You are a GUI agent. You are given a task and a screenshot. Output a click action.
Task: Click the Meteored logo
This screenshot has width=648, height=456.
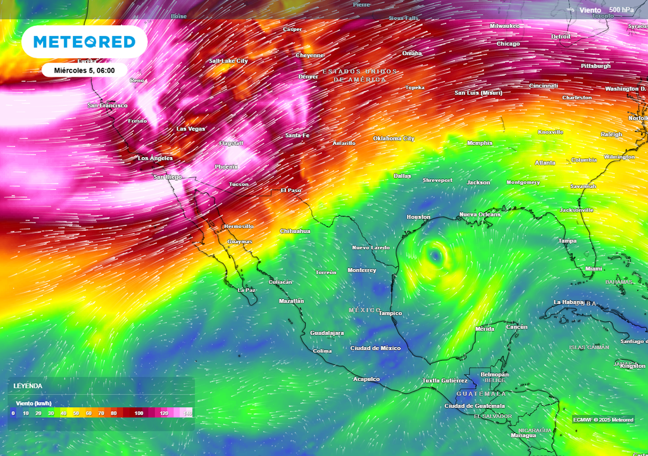click(84, 42)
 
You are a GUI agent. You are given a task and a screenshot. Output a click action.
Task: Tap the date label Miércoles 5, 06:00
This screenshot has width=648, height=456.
click(84, 70)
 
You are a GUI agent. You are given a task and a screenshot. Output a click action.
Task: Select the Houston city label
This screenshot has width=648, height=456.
click(418, 217)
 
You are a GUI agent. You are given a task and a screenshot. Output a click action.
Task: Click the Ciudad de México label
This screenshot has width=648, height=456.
click(375, 348)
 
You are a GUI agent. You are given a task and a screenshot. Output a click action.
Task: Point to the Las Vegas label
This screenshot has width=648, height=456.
click(190, 129)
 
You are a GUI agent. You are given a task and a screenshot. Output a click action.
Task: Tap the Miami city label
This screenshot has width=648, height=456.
click(594, 269)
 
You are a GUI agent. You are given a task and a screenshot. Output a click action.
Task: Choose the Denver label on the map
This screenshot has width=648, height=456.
click(308, 77)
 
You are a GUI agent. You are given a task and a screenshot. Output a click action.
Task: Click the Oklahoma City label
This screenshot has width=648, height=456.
click(393, 138)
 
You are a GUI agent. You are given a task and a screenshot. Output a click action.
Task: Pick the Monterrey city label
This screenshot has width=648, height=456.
click(361, 270)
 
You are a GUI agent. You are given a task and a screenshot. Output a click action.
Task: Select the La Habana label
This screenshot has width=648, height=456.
click(567, 302)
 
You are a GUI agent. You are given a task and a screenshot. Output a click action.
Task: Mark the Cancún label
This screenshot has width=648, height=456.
click(516, 327)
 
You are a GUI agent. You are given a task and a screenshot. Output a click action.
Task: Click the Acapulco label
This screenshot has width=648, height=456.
click(366, 379)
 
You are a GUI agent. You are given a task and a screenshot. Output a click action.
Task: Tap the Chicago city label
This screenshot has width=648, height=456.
click(508, 44)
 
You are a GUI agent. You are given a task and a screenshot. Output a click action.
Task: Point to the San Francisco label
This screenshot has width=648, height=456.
click(108, 105)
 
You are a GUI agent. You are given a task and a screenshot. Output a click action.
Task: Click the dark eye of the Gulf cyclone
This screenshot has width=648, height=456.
click(435, 256)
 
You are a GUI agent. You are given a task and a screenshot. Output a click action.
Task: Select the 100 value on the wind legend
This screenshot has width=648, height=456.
click(139, 413)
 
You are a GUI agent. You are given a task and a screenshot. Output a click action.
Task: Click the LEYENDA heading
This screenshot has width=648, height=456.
click(28, 386)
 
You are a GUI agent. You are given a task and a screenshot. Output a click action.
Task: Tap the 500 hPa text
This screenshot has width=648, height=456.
click(621, 9)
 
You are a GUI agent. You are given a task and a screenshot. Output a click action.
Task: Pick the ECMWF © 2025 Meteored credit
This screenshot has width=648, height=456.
click(603, 420)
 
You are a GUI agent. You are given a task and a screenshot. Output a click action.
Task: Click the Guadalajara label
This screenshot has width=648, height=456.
click(327, 333)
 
